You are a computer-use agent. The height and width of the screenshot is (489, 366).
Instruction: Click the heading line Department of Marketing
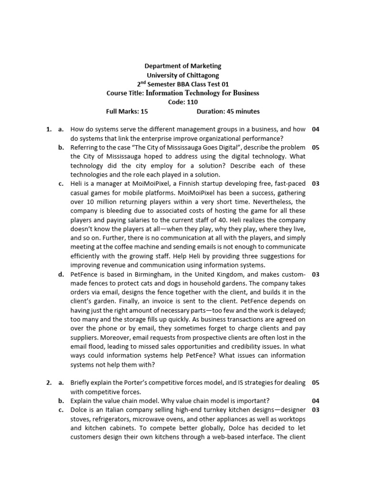pos(183,66)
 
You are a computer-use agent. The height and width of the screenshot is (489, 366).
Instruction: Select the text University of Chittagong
pos(183,75)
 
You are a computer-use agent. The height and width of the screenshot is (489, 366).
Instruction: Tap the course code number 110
pos(192,102)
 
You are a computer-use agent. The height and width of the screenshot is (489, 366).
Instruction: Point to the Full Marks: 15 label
pos(127,111)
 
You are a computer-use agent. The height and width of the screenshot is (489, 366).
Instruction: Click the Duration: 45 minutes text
pos(228,111)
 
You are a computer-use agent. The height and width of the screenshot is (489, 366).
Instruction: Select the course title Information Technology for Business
pos(202,93)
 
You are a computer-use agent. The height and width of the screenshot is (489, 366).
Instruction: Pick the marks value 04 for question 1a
pos(315,129)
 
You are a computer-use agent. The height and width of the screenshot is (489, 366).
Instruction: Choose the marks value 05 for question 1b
pos(315,148)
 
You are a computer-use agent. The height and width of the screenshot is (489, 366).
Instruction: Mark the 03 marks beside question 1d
pos(315,274)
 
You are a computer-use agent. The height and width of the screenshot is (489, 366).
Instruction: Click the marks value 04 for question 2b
pos(315,401)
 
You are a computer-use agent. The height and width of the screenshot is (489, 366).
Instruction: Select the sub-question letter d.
pos(61,274)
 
